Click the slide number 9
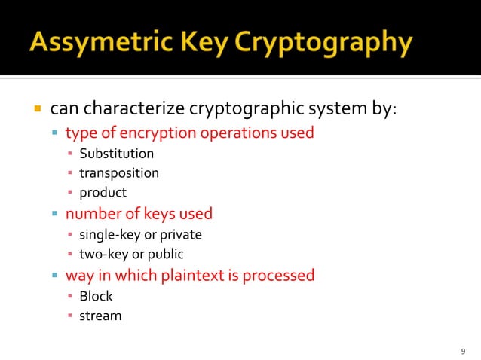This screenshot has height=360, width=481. coord(462,352)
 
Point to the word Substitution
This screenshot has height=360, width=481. coord(117,154)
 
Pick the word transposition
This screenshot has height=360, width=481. coord(119,173)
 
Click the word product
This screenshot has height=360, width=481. coord(103,193)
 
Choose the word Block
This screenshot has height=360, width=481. coord(96,296)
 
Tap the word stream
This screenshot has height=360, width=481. coord(100,316)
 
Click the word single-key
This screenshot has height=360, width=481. coord(105,234)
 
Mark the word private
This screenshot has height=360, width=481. coord(181,234)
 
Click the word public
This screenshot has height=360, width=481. coord(166,254)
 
